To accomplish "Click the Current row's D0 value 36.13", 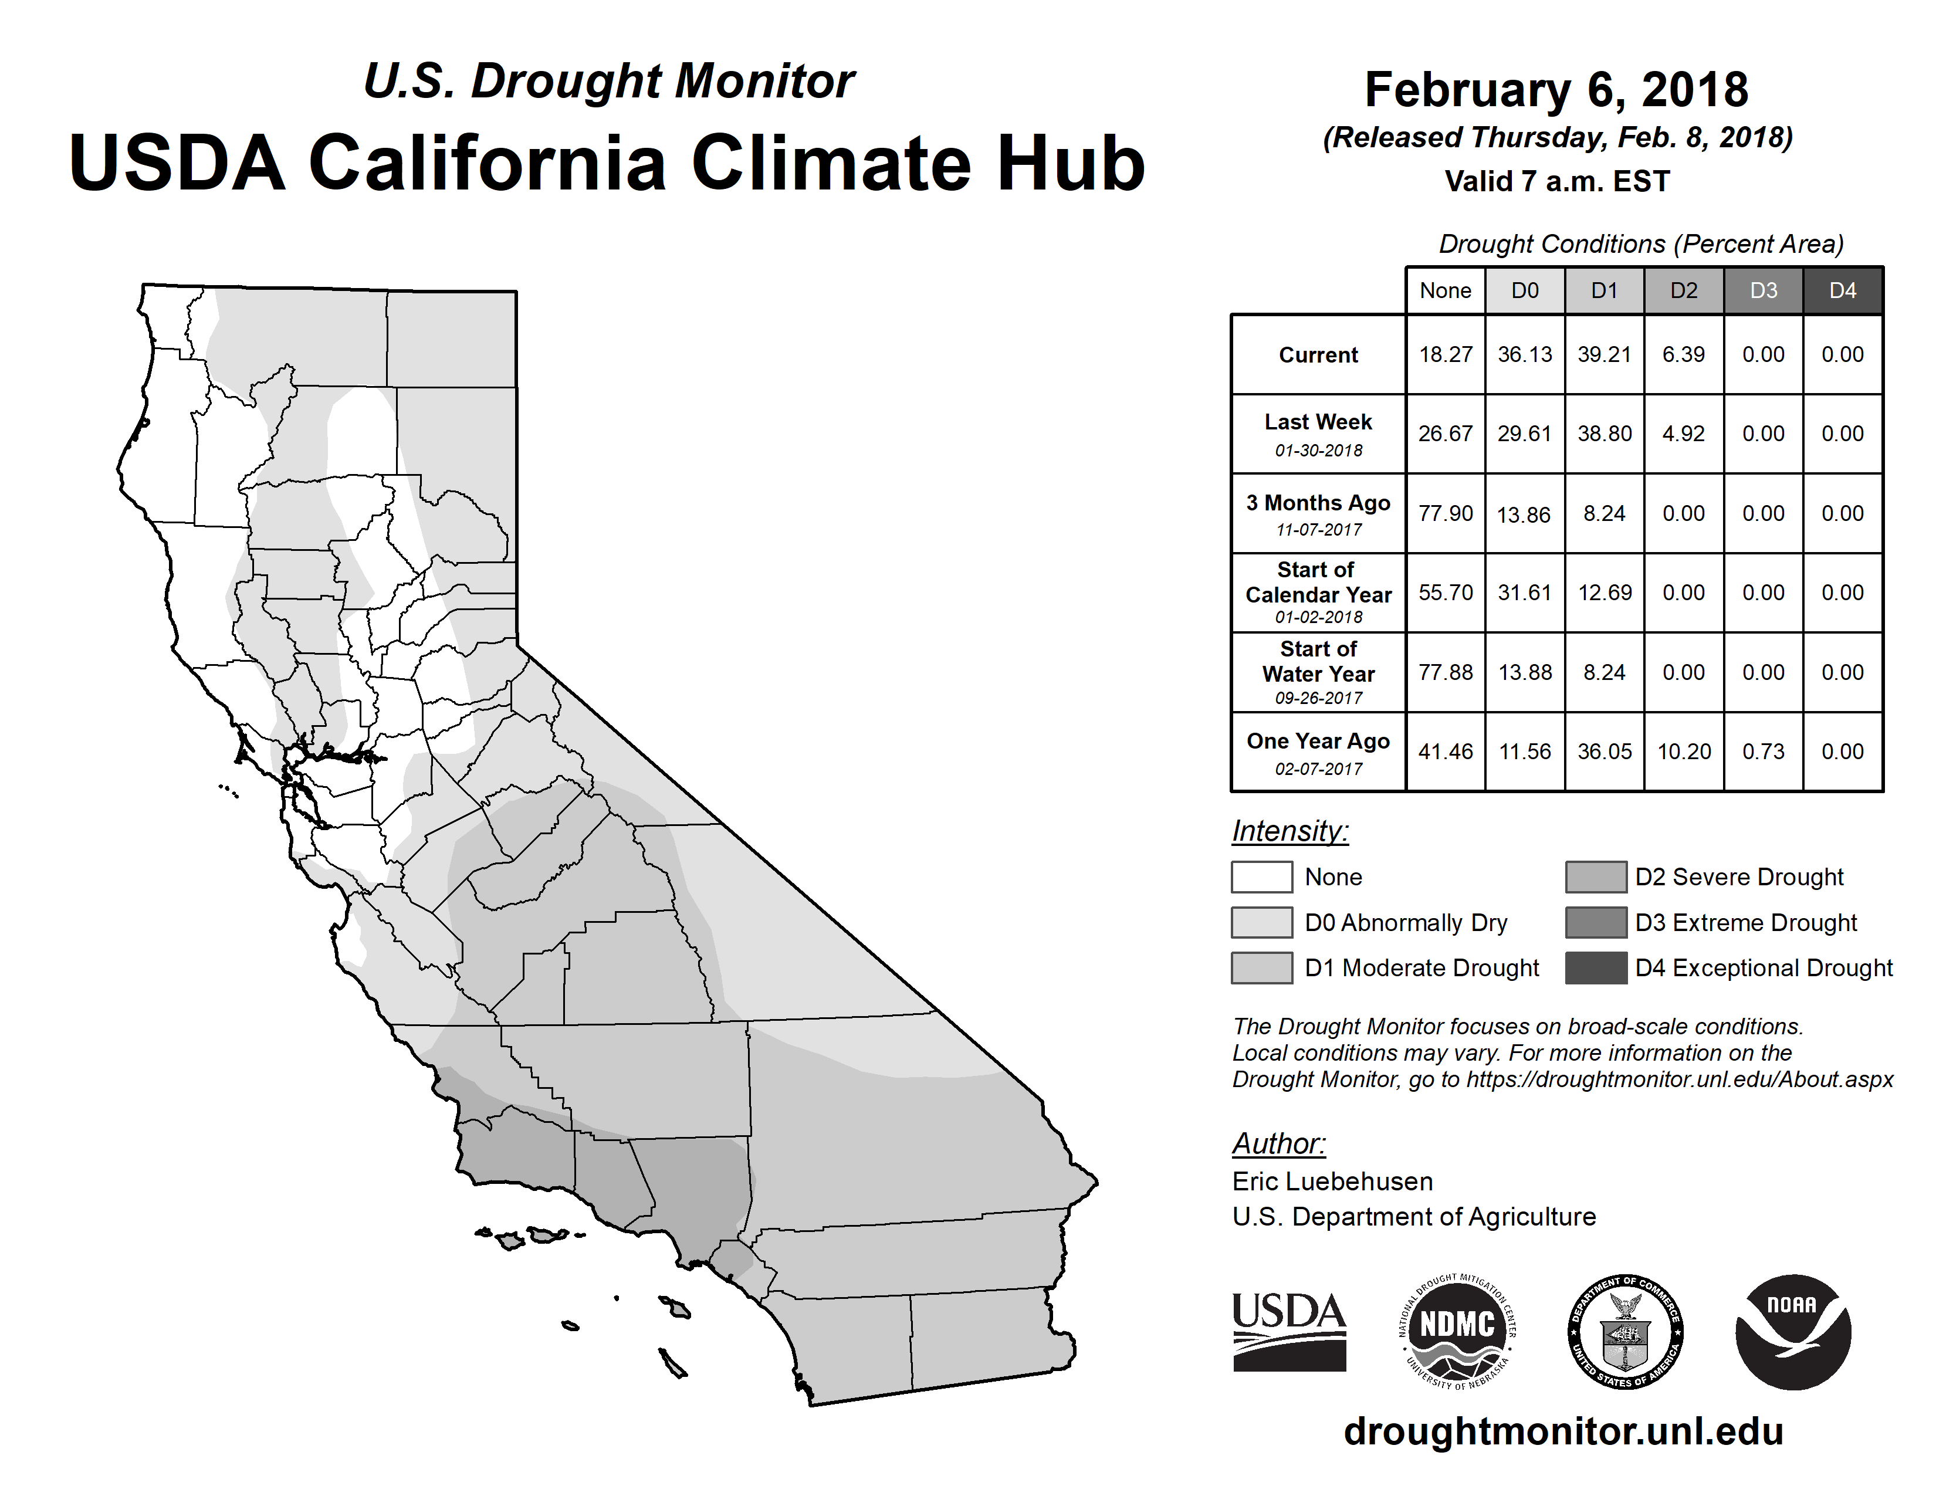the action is [1525, 354].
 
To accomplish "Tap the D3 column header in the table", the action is [1763, 290].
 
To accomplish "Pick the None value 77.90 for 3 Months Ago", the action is [1446, 513].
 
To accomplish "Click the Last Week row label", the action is [1318, 434].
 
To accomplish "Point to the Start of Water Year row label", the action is [1318, 673].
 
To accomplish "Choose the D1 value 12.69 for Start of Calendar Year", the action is [1605, 592].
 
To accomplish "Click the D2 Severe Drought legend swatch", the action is [1596, 876].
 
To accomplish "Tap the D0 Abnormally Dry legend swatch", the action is [1261, 922].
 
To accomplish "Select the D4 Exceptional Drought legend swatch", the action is [1596, 968].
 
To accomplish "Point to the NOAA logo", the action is [1792, 1331].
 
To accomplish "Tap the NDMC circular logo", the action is [1457, 1331].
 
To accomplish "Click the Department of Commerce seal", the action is [1626, 1331].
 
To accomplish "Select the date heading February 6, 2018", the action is [1556, 90].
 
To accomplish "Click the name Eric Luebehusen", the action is [1332, 1182].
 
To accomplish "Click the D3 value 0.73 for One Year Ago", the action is [1763, 752].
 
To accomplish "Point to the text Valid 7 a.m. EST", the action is [1556, 182].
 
